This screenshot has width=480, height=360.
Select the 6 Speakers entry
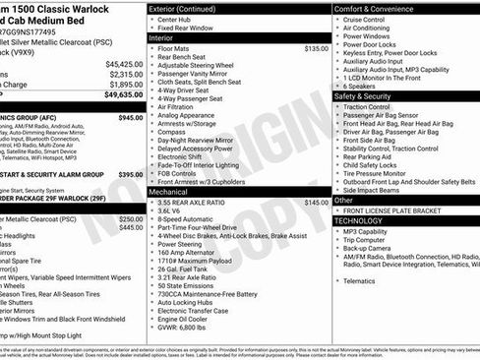[362, 86]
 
